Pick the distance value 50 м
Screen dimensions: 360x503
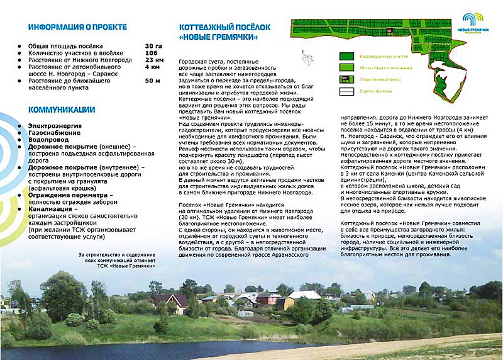pos(153,81)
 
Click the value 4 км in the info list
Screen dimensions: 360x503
pos(152,67)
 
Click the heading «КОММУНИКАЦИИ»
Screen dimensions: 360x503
pos(62,109)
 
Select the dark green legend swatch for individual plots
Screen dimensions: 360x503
pos(346,55)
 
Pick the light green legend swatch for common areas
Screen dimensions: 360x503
pos(346,67)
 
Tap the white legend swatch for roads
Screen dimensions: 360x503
pos(346,91)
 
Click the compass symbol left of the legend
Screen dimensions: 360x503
pos(306,58)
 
